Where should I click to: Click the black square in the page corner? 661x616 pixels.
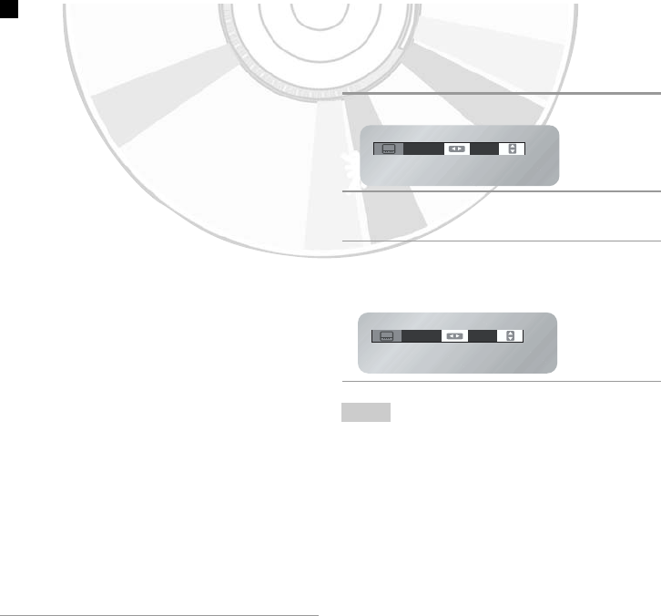tap(7, 6)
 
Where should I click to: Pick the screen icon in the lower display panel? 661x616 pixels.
tap(385, 335)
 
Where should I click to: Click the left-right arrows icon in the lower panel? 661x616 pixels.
tap(454, 335)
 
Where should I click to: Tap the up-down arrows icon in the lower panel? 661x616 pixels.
tap(510, 335)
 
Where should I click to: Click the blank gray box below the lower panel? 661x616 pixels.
tap(366, 413)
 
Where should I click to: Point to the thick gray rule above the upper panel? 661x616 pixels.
tap(501, 93)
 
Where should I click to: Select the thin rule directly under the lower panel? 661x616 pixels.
tap(501, 381)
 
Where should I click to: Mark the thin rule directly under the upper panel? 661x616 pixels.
tap(501, 191)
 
